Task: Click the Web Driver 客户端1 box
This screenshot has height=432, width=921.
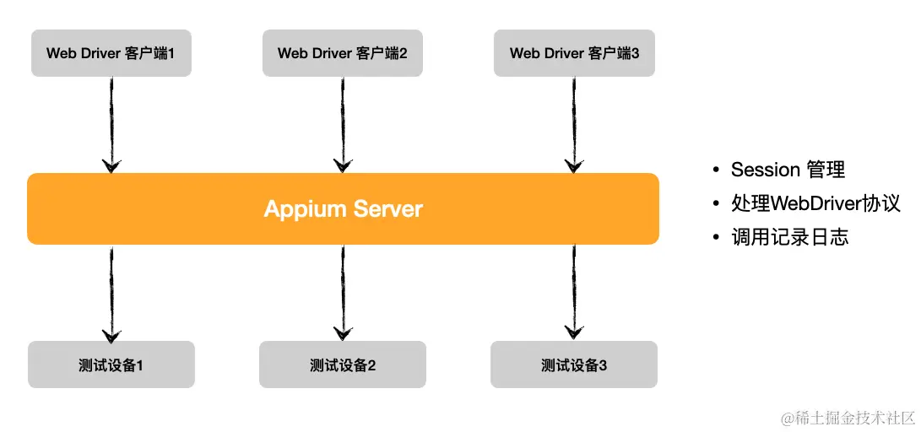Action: coord(111,53)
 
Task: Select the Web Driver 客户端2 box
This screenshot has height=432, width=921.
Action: coord(342,53)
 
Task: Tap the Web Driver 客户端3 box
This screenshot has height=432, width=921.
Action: coord(574,53)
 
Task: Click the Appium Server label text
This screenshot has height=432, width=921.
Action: coord(343,208)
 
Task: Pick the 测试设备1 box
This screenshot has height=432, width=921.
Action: coord(111,364)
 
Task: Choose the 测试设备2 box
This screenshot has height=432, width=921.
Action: coord(342,364)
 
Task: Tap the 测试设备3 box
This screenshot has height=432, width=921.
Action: coord(573,364)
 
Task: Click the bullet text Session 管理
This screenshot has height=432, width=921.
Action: coord(787,170)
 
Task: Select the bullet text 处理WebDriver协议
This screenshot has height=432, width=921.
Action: coord(815,203)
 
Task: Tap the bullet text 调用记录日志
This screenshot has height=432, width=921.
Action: coord(789,237)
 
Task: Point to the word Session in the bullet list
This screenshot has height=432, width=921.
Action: coord(765,170)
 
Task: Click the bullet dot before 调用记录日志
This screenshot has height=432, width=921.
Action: coord(716,238)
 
